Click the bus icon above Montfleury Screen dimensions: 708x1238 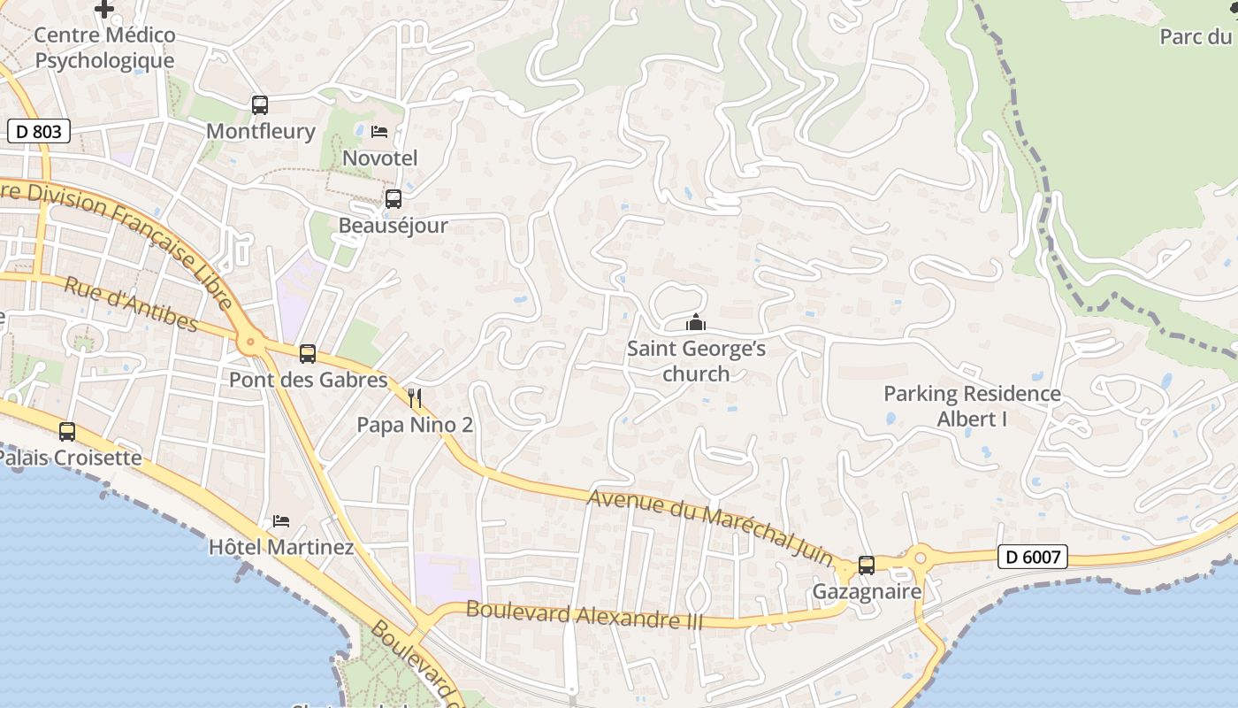(x=260, y=105)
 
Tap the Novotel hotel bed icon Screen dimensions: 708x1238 (x=379, y=132)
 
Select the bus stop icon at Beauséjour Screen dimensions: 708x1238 (x=394, y=199)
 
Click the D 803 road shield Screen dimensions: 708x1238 (x=39, y=132)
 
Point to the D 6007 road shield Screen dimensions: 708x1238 (x=1032, y=557)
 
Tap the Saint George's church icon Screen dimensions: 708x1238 (x=696, y=323)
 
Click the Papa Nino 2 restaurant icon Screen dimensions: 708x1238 (x=414, y=398)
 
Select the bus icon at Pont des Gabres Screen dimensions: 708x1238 (x=308, y=354)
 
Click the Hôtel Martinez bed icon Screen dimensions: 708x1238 (x=281, y=521)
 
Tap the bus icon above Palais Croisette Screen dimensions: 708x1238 (x=67, y=432)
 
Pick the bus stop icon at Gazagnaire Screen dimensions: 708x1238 (x=867, y=565)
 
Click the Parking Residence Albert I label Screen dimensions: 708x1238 (x=972, y=406)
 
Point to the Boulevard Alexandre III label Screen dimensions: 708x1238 (x=584, y=614)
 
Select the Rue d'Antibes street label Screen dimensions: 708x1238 (x=131, y=303)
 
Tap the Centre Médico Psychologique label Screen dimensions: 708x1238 (x=104, y=48)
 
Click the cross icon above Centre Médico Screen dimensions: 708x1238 (x=104, y=10)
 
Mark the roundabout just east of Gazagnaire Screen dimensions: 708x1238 (x=920, y=558)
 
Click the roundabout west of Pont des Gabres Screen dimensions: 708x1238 (x=251, y=341)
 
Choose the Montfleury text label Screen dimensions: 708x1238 (x=260, y=132)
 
